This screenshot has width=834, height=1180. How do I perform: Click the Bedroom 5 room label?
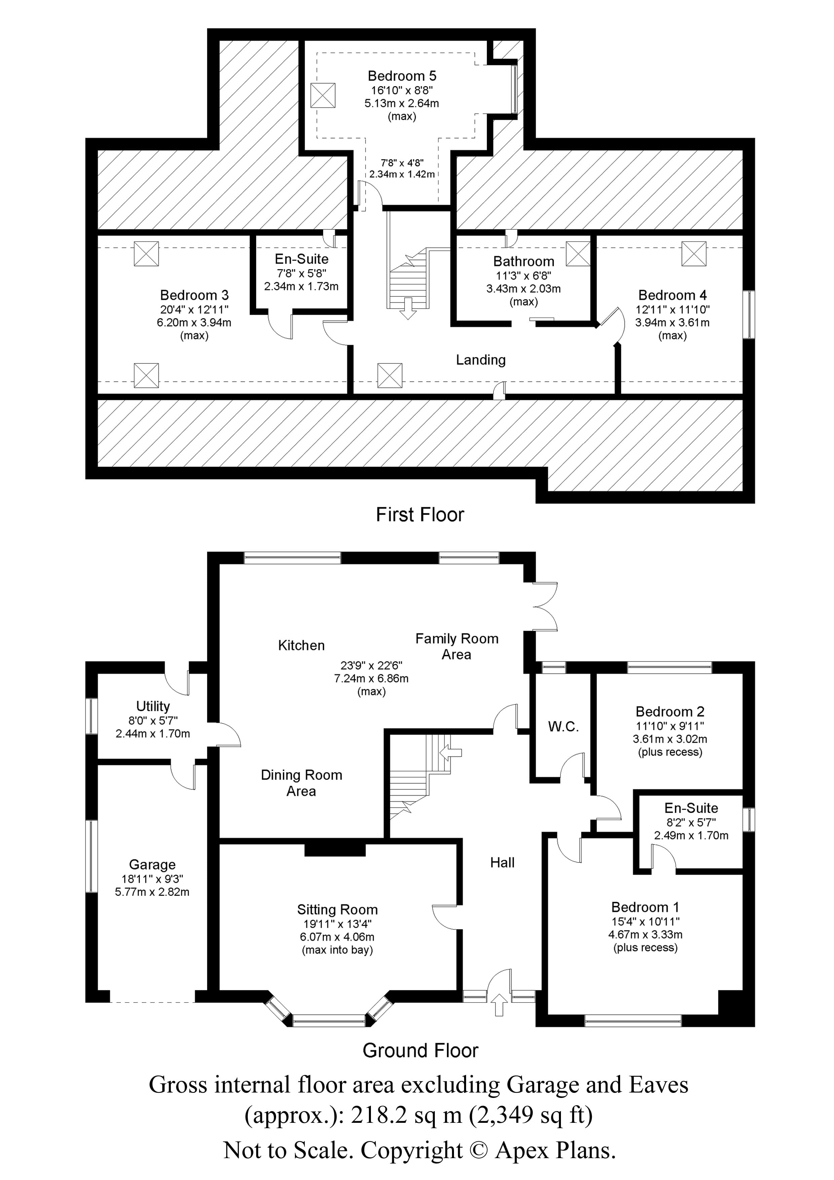point(402,76)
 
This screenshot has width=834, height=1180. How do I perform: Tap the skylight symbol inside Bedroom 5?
point(323,95)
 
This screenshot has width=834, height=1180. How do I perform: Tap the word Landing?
point(481,360)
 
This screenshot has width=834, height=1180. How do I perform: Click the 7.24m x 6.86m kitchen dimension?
point(371,678)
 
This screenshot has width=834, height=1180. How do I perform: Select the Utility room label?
point(153,706)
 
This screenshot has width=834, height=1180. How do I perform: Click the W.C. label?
point(563,727)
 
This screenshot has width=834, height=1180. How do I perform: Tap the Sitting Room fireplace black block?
point(335,849)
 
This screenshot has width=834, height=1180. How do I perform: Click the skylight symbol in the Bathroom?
point(578,253)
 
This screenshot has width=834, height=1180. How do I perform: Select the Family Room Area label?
point(457,646)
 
